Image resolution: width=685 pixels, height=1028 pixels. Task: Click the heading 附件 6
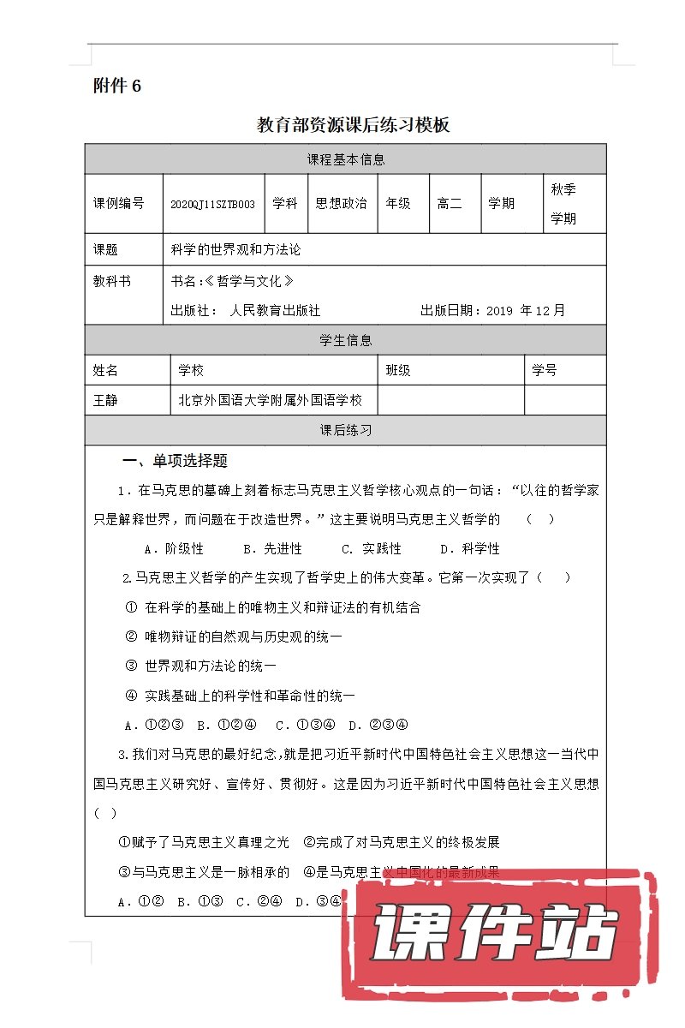point(116,86)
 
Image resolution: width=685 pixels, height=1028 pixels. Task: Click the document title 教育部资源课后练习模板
point(354,125)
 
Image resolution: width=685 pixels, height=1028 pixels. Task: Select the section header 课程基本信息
point(345,159)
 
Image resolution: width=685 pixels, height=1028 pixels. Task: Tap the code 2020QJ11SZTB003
point(212,204)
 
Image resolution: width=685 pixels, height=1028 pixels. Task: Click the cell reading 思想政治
point(341,204)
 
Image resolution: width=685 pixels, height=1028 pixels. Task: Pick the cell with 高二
point(450,204)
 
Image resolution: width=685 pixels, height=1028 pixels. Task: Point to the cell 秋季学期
point(563,204)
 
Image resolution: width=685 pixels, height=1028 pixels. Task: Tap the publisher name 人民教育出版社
point(275,311)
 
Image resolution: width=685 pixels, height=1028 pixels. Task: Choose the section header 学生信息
point(345,340)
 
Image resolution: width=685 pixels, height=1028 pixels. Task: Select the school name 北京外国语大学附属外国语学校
point(270,400)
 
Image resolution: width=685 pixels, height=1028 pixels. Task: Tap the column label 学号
point(545,370)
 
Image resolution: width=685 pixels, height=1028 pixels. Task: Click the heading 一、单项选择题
point(175,461)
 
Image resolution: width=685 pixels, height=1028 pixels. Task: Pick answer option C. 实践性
point(372,548)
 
